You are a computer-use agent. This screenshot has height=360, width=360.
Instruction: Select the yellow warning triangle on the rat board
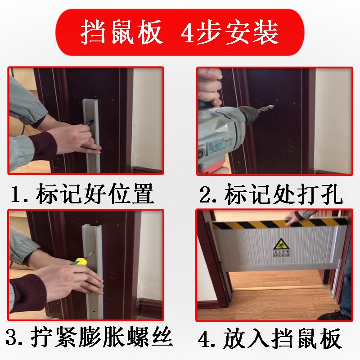pos(279,246)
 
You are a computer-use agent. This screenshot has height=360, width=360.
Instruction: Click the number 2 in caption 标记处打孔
pos(206,195)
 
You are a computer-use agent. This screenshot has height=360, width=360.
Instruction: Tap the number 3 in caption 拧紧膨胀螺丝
pos(13,337)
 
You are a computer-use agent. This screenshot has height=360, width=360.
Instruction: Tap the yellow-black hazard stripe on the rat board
pos(252,224)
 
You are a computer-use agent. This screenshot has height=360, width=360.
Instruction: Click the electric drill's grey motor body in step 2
pos(218,130)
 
